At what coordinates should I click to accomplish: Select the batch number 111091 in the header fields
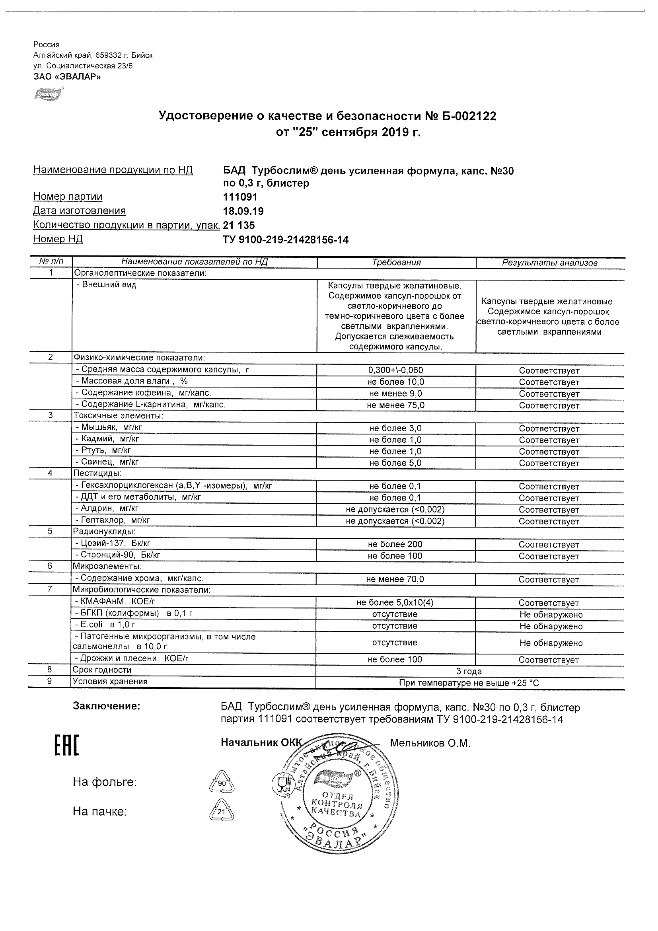pos(240,197)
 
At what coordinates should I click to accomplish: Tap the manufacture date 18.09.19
pos(243,211)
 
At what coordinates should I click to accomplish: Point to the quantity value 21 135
pos(239,226)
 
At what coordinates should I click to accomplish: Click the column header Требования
pos(396,263)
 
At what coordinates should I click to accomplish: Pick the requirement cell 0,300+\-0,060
pos(395,370)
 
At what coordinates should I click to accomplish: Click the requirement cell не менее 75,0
pos(395,405)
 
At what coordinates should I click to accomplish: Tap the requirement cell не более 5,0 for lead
pos(395,463)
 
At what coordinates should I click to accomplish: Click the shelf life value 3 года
pos(469,672)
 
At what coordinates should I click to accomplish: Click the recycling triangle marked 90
pos(222,783)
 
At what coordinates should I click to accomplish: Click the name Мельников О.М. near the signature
pos(430,743)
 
